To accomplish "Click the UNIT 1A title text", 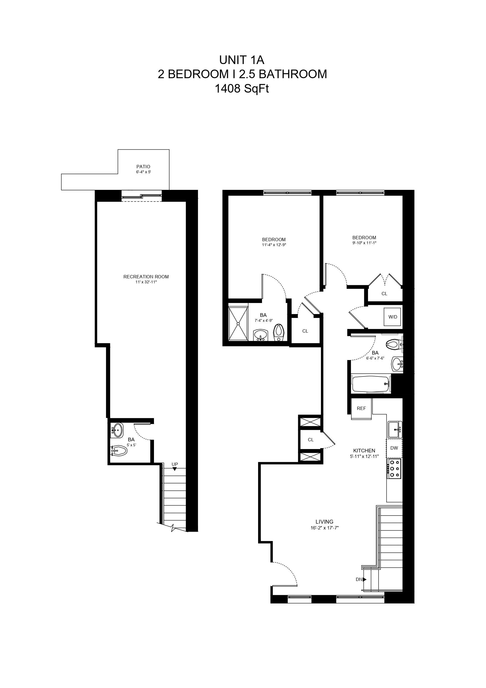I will pos(242,60).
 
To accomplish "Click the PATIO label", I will pos(143,167).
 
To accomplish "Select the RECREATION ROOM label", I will pos(146,277).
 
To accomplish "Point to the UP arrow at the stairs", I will pos(174,469).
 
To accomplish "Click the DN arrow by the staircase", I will pos(364,579).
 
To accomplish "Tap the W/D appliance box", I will pos(393,317).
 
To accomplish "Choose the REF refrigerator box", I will pos(361,408).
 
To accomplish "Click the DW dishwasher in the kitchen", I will pos(394,448).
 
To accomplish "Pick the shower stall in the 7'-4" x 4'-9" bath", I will pos(238,323).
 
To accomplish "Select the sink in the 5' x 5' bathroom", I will pos(117,430).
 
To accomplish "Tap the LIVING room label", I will pos(324,522).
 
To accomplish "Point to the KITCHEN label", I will pos(364,450).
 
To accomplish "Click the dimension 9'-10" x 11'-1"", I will pos(364,243).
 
